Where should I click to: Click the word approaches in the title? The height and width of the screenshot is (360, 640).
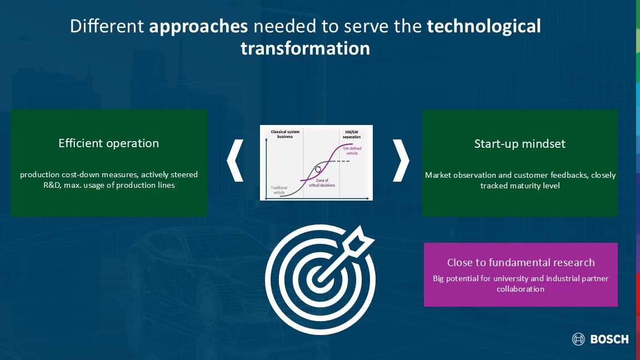click(x=198, y=27)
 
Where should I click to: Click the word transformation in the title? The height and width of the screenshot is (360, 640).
click(x=306, y=48)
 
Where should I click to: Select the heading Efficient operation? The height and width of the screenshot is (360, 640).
click(x=108, y=143)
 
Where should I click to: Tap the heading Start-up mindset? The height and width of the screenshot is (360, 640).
click(x=519, y=144)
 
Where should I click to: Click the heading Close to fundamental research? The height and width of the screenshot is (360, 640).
click(x=521, y=262)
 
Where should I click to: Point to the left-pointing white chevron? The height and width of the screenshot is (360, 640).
click(x=235, y=161)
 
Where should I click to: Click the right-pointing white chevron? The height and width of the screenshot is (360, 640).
click(x=401, y=161)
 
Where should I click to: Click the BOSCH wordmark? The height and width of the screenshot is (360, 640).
click(x=609, y=339)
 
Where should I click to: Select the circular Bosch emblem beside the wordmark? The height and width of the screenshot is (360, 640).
click(x=578, y=339)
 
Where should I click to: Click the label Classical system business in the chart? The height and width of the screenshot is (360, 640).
click(x=285, y=134)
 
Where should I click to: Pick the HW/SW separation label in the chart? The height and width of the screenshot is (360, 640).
click(x=352, y=134)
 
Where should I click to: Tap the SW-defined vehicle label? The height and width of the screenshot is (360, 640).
click(x=352, y=151)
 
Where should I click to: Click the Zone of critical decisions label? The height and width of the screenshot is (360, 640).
click(x=322, y=183)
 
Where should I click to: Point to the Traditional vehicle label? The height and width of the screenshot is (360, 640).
click(x=279, y=190)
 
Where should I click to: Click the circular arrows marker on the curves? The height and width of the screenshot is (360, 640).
click(x=318, y=169)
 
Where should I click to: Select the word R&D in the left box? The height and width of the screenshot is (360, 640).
click(x=52, y=186)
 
